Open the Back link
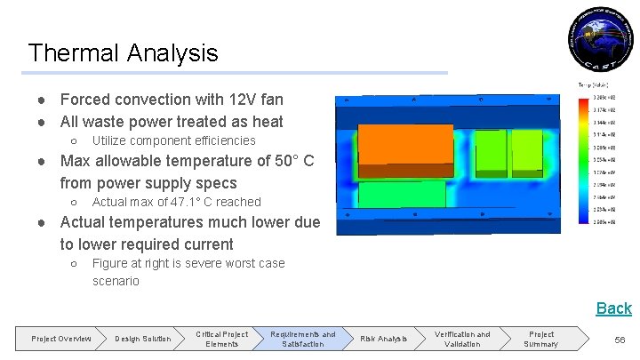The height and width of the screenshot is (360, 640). [613, 308]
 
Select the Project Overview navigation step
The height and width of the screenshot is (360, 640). [61, 339]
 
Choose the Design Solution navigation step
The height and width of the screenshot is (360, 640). [143, 339]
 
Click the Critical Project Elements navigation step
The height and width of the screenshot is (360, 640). [222, 339]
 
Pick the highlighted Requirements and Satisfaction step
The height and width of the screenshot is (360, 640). [303, 339]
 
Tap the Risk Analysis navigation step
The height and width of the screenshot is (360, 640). [382, 339]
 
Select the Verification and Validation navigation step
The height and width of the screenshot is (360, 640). [462, 339]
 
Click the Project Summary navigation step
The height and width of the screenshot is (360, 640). [540, 339]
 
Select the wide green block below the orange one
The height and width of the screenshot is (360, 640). [402, 194]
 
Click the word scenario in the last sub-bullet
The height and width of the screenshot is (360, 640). [116, 281]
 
